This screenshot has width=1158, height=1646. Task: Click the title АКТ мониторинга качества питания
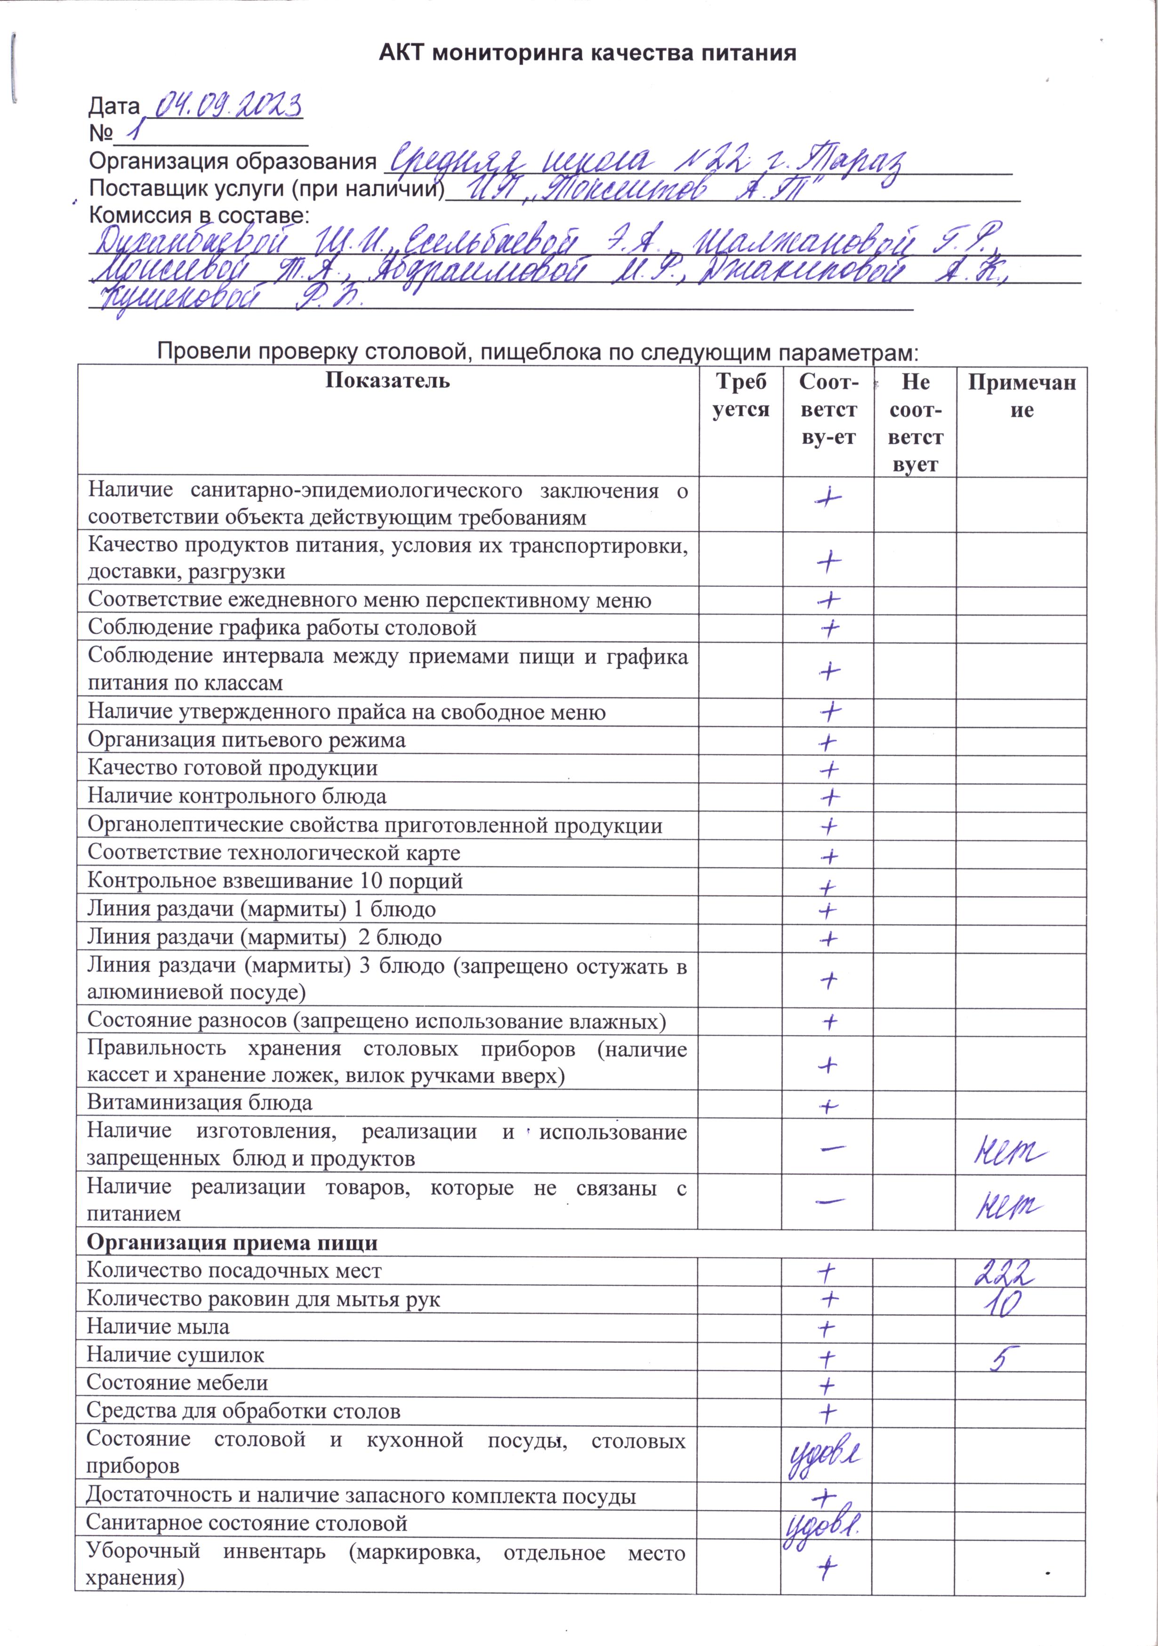pos(587,53)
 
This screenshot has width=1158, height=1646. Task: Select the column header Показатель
pos(387,380)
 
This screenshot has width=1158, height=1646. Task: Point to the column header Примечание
pos(1021,396)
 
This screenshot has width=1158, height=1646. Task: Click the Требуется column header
pos(740,396)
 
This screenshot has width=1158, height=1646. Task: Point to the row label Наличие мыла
pos(158,1327)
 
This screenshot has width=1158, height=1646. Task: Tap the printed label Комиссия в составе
pos(199,215)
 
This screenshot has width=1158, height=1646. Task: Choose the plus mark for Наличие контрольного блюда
pos(829,797)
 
